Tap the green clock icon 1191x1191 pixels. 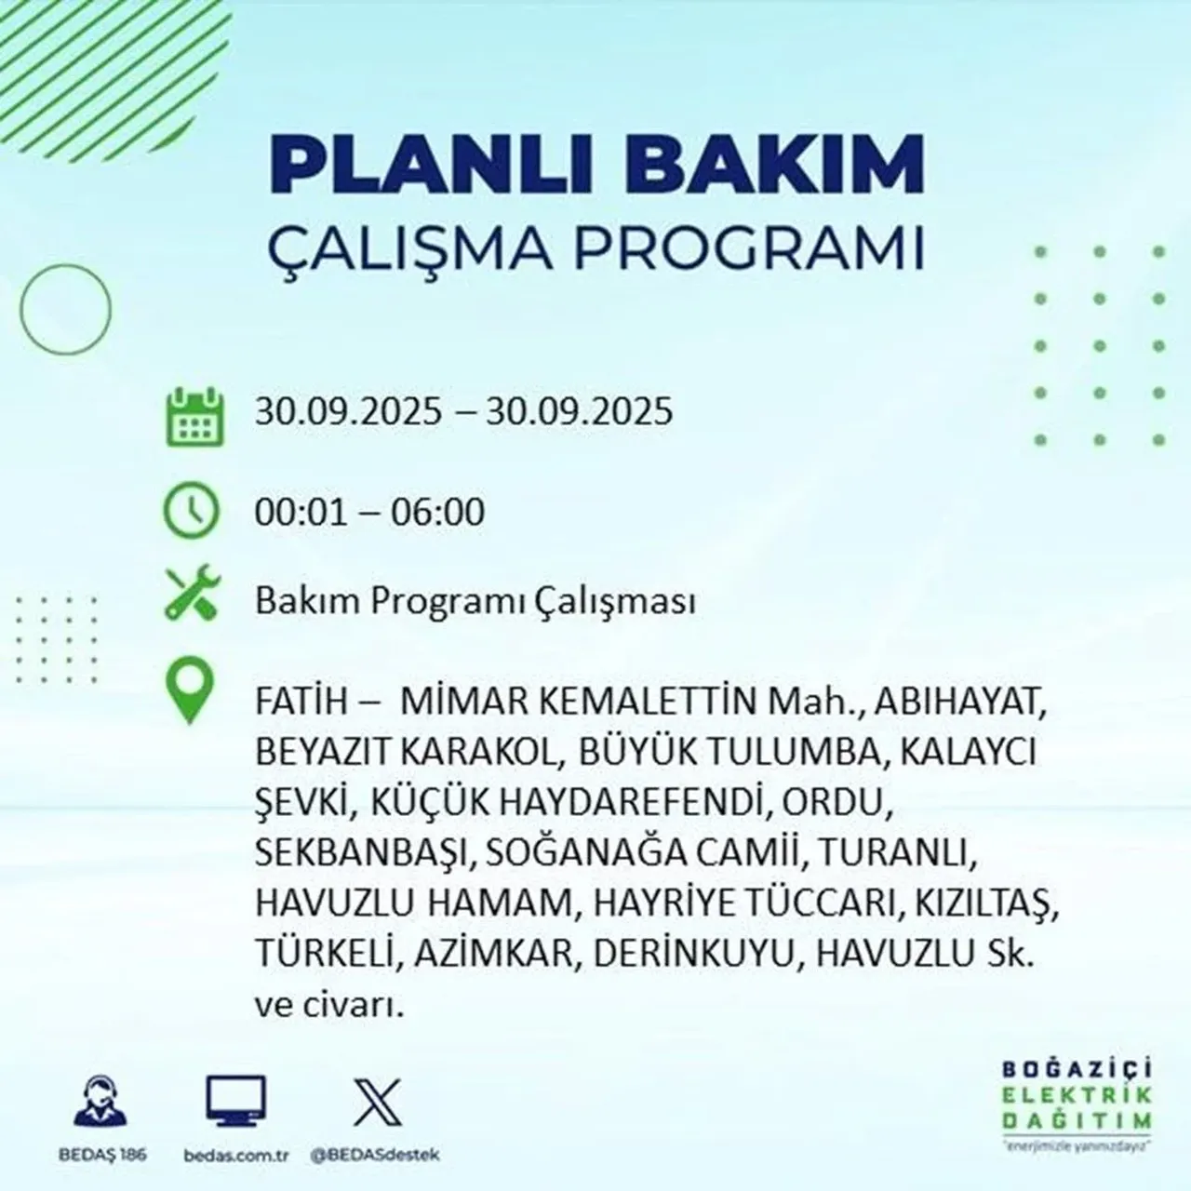pos(192,512)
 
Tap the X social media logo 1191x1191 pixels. pos(378,1103)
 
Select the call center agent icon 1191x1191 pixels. pos(100,1103)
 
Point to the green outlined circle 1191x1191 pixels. pos(65,307)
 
